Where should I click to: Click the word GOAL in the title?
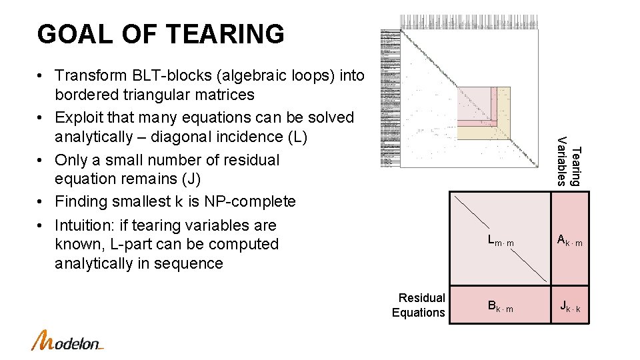tap(67, 34)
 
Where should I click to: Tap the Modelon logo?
tap(67, 341)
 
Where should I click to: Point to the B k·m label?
tap(500, 307)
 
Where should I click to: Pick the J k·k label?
tap(570, 307)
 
